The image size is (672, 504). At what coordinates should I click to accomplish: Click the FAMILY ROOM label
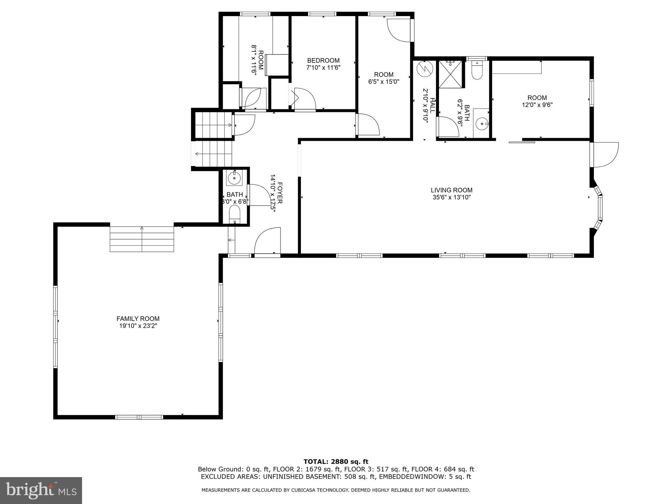click(138, 319)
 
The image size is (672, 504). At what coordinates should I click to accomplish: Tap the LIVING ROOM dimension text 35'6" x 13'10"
click(451, 197)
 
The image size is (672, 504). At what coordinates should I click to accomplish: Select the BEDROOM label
click(323, 60)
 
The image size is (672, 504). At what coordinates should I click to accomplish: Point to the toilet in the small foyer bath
click(235, 215)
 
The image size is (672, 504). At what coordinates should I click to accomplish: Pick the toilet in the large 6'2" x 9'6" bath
click(476, 70)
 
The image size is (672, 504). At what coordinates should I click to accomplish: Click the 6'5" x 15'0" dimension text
click(384, 82)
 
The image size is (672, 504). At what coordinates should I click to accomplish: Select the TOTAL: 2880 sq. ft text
click(336, 462)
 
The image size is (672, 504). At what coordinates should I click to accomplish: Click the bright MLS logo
click(41, 491)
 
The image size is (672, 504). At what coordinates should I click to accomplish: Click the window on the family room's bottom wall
click(139, 417)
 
